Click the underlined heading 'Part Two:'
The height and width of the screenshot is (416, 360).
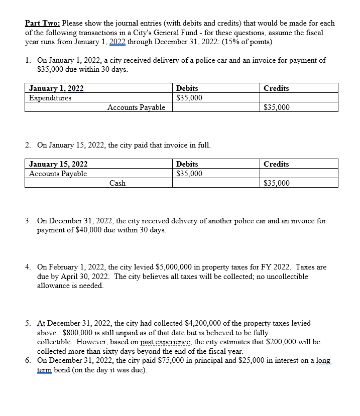tap(42, 23)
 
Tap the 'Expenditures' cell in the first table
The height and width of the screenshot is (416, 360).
tap(50, 98)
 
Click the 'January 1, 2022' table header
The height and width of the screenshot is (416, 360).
tap(56, 88)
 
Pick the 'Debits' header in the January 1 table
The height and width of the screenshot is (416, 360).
tap(187, 88)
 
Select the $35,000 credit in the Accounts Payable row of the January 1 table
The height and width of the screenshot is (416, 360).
tap(277, 107)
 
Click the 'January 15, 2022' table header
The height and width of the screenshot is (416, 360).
tap(58, 164)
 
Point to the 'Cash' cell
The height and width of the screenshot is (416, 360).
tap(117, 183)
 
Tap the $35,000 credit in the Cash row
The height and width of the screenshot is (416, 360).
tap(277, 183)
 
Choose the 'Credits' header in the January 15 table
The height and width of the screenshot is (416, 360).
tap(276, 164)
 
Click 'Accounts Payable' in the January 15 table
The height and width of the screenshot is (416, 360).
tap(58, 174)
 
